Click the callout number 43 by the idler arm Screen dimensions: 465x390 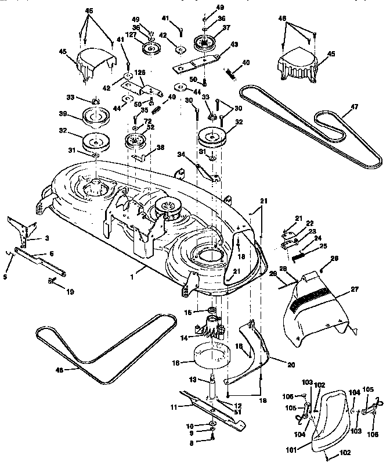coord(234,44)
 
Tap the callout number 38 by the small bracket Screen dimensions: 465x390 coord(160,148)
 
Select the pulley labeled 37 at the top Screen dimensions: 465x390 coord(204,42)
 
